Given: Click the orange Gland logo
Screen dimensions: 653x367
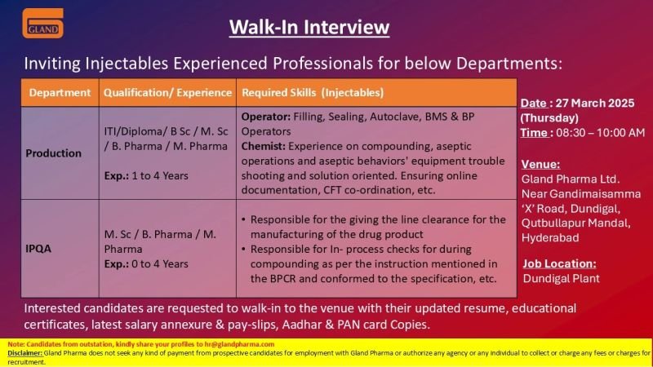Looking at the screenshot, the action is (43, 24).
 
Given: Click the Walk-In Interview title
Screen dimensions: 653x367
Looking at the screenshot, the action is (309, 28).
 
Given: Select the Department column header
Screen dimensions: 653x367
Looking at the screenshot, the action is (60, 92).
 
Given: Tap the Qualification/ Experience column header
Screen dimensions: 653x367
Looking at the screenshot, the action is (167, 92).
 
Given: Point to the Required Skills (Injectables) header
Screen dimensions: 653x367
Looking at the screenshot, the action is (313, 92).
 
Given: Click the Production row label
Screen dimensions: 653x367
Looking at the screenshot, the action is (53, 153).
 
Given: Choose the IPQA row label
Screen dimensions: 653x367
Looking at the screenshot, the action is (38, 249).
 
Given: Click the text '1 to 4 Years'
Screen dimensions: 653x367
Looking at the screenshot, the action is (160, 176).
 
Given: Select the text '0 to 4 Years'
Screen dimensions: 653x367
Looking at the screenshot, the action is (160, 263).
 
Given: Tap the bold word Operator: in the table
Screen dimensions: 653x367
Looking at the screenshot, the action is (266, 117).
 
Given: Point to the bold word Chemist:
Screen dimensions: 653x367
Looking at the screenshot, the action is (263, 147).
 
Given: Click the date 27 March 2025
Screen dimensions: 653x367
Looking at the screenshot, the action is (595, 104).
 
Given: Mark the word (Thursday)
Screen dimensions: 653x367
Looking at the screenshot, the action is (549, 118).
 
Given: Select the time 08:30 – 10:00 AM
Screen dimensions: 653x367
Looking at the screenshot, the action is (600, 133).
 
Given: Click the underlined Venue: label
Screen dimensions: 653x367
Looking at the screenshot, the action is (540, 165).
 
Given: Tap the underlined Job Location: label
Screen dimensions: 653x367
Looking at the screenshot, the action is (559, 263).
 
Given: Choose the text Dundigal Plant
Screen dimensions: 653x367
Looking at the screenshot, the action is (561, 278).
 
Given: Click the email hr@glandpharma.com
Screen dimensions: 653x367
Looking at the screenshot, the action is (239, 344).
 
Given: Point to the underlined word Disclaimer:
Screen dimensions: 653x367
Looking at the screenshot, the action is (25, 353).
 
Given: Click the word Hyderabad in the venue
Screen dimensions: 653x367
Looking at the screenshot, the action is (550, 237).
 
